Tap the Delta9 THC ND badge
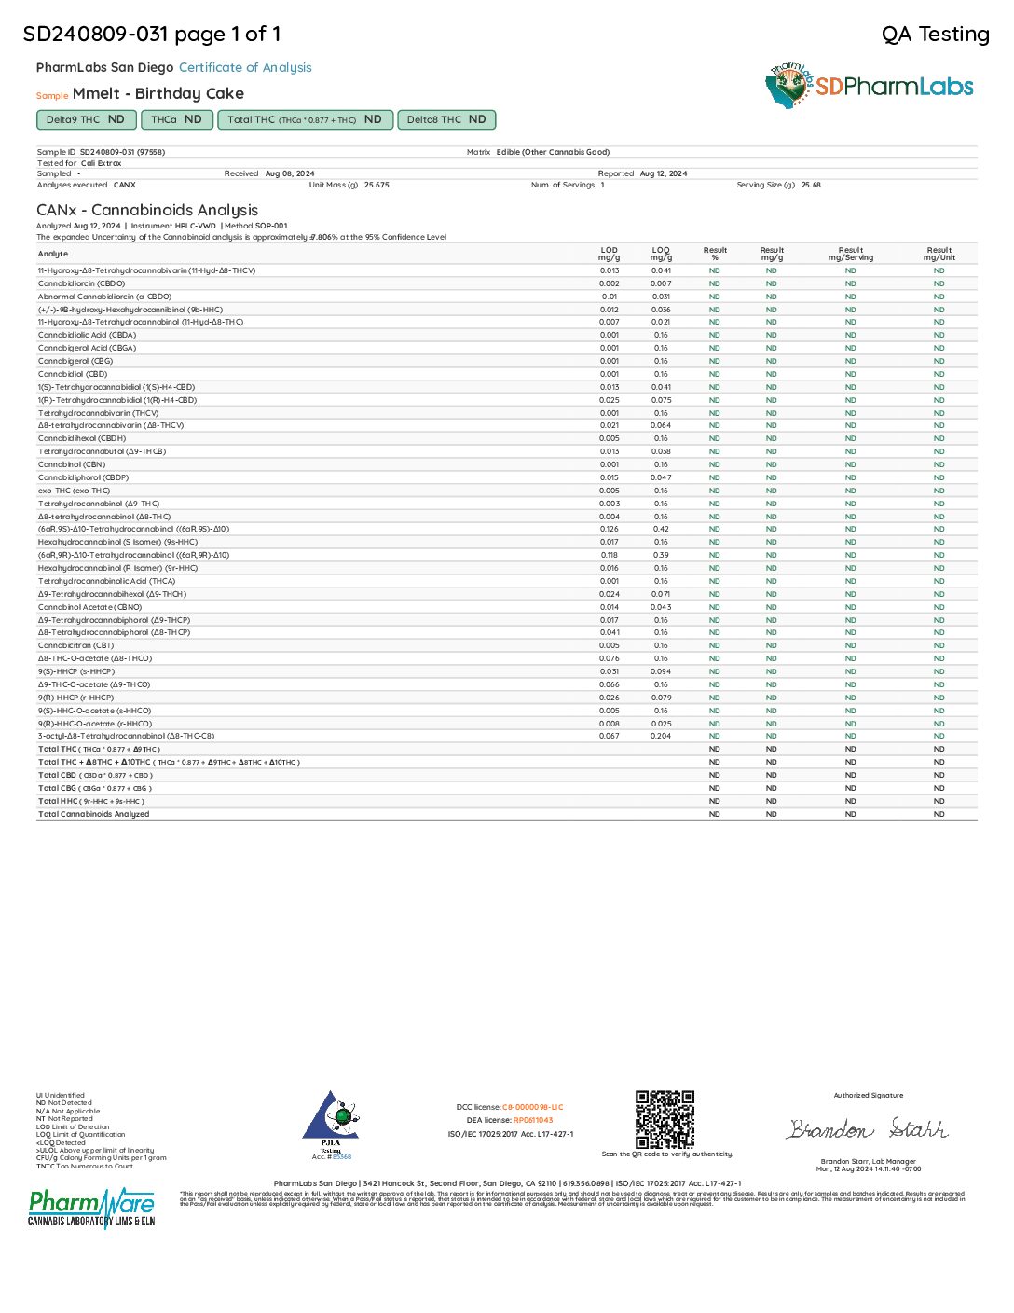85,119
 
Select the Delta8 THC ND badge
446,119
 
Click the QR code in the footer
665,1119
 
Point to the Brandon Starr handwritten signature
867,1129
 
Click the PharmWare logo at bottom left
91,1208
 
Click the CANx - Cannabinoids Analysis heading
147,210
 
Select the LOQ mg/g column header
661,254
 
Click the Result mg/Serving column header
851,254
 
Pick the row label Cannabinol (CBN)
72,464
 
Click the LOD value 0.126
610,529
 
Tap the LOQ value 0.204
661,736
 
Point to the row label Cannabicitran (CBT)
75,645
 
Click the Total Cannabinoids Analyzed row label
93,814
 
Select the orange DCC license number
532,1107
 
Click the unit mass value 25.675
377,185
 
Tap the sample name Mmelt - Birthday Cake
158,93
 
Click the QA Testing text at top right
935,35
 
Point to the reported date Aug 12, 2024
663,173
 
